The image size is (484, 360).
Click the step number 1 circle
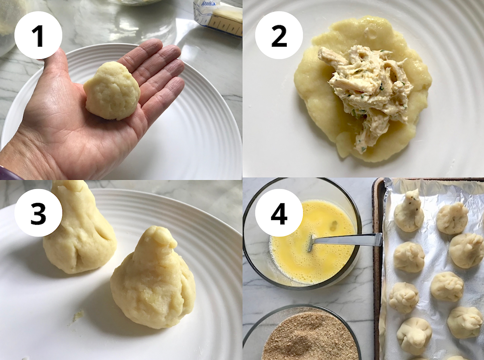click(x=38, y=36)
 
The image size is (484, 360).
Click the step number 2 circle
click(x=279, y=36)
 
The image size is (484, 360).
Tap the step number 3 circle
click(x=38, y=213)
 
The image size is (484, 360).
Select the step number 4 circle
click(x=279, y=213)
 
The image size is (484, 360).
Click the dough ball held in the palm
click(x=112, y=91)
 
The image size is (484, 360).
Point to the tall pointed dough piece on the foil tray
click(x=409, y=210)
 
